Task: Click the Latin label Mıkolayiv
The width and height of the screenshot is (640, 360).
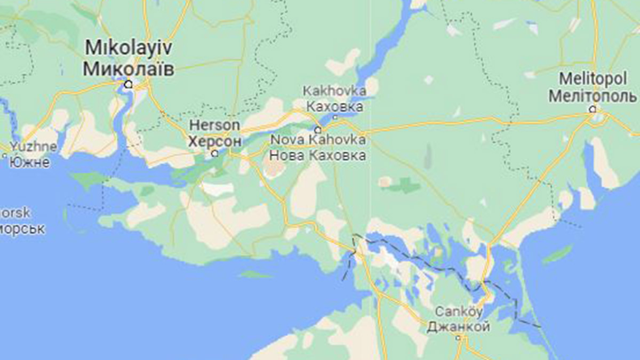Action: pos(128,49)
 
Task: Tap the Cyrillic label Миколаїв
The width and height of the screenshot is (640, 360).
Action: pos(129,68)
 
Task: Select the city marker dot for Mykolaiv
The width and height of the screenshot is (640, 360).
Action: pos(128,84)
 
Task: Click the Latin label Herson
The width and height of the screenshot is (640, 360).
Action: pos(215,125)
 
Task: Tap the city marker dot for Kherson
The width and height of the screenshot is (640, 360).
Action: pos(215,154)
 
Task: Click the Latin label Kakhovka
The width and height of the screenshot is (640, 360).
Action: pos(334,91)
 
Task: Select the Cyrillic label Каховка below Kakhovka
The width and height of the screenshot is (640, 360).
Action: pos(334,106)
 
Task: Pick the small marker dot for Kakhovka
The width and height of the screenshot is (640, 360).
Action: pos(335,117)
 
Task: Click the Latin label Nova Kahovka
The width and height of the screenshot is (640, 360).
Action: pos(318,140)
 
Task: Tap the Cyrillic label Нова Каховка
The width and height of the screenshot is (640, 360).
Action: pos(318,155)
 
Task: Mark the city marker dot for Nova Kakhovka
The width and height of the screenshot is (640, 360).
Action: pos(318,130)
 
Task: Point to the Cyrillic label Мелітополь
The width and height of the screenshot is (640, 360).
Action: pos(593,97)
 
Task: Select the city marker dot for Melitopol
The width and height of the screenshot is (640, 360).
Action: pos(592,109)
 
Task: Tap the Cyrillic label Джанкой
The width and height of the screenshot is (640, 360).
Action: pos(458,326)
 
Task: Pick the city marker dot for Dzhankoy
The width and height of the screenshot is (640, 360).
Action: pos(458,337)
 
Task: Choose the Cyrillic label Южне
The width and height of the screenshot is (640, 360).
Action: pos(30,162)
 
